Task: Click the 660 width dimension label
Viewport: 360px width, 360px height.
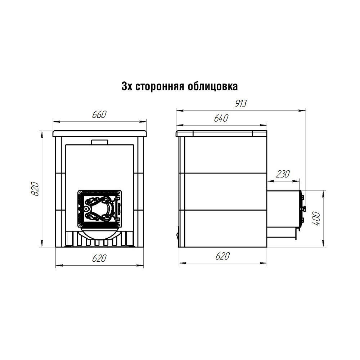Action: (x=99, y=114)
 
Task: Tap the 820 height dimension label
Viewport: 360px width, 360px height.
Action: (x=35, y=189)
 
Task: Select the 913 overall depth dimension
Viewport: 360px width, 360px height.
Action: (x=240, y=104)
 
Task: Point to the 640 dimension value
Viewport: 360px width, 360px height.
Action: (x=221, y=118)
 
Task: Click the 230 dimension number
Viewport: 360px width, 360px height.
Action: (x=283, y=174)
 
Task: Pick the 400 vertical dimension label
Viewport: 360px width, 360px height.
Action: (x=316, y=219)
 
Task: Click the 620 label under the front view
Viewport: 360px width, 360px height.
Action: (x=99, y=258)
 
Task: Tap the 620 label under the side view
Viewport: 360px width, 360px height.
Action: (x=222, y=256)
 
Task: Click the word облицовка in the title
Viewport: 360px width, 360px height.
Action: (x=213, y=86)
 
